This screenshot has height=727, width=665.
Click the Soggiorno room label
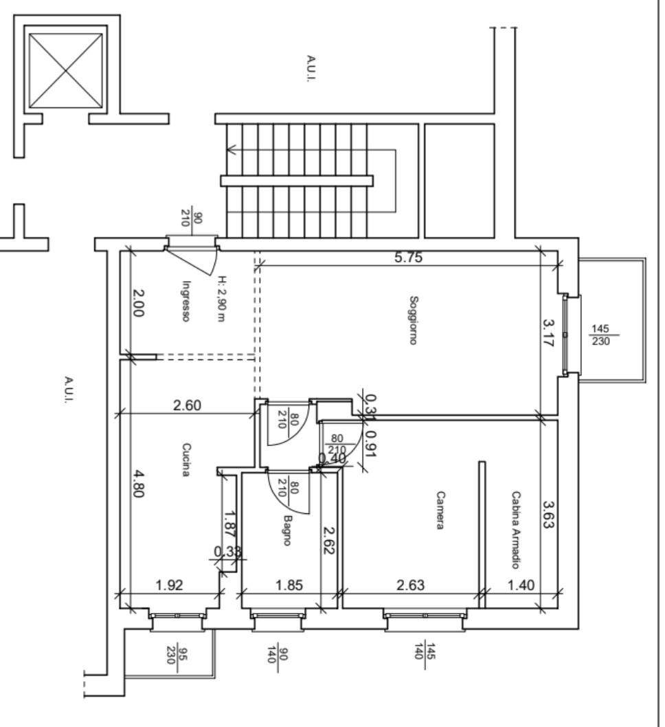(x=414, y=320)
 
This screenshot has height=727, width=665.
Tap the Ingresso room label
(x=186, y=301)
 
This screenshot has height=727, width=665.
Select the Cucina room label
(x=186, y=460)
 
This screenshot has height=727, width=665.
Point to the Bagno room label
(x=287, y=530)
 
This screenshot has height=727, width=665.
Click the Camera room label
(x=440, y=510)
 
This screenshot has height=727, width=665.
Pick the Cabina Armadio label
(x=515, y=530)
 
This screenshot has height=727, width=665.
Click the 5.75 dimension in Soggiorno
(x=408, y=257)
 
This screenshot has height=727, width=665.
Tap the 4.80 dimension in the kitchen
(x=138, y=484)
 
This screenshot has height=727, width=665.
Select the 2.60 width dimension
(x=188, y=405)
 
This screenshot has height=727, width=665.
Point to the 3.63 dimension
(x=548, y=514)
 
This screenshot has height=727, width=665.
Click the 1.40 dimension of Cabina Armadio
(x=521, y=585)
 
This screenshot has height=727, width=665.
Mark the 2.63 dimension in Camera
(x=411, y=585)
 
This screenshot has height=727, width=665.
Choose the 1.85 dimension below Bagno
(x=289, y=585)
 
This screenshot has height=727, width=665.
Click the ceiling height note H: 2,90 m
(x=223, y=299)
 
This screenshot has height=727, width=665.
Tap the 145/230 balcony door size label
(x=600, y=335)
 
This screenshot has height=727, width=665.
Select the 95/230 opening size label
(x=177, y=656)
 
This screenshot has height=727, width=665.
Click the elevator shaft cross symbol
(x=65, y=71)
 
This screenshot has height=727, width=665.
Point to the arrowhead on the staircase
(x=232, y=150)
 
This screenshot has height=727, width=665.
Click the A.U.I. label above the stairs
(x=311, y=69)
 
